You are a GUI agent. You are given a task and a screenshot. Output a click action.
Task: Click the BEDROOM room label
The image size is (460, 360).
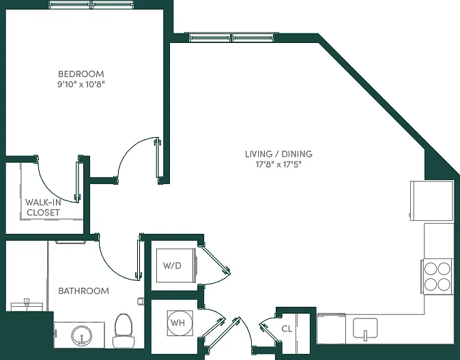pyautogui.click(x=81, y=74)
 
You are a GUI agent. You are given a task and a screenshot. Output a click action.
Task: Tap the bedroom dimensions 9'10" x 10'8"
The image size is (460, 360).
pyautogui.click(x=81, y=85)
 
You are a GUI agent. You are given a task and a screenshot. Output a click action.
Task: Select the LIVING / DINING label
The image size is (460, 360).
pyautogui.click(x=278, y=154)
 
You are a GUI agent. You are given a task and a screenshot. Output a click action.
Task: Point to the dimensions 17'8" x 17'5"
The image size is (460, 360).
pyautogui.click(x=278, y=164)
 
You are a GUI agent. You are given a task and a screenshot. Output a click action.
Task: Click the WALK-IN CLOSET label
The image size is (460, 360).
pyautogui.click(x=43, y=207)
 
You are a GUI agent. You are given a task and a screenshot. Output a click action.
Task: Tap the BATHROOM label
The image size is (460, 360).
pyautogui.click(x=84, y=291)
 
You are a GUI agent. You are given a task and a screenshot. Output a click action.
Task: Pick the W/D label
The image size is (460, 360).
pyautogui.click(x=172, y=266)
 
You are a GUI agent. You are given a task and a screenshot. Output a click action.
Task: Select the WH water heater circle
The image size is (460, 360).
pyautogui.click(x=180, y=322)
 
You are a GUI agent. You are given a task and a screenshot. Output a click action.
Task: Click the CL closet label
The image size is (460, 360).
pyautogui.click(x=287, y=329)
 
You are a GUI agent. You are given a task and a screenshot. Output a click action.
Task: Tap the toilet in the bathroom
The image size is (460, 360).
pyautogui.click(x=124, y=331)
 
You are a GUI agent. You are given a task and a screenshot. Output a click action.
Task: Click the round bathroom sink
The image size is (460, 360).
pyautogui.click(x=81, y=335)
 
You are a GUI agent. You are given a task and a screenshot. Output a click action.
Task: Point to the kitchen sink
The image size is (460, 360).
pyautogui.click(x=365, y=329)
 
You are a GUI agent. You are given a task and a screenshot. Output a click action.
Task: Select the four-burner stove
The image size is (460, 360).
pyautogui.click(x=437, y=276)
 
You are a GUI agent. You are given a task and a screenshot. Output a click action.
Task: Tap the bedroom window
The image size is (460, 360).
pyautogui.click(x=92, y=5)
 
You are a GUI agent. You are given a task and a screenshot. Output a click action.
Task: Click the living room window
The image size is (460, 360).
pyautogui.click(x=232, y=37)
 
